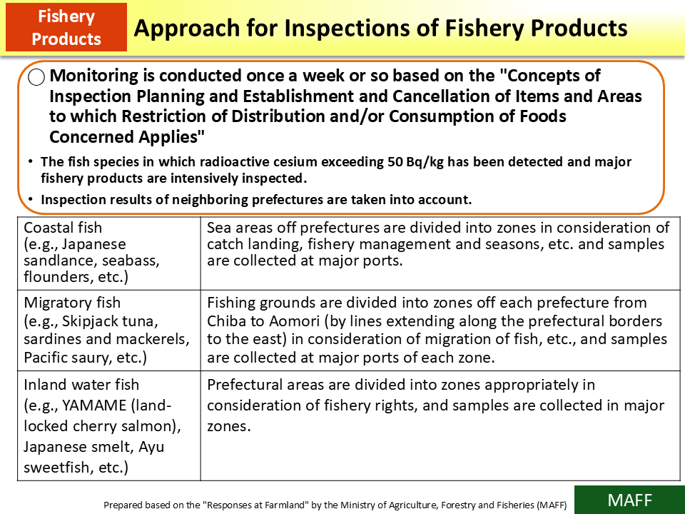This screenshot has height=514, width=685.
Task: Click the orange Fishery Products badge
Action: tap(66, 27)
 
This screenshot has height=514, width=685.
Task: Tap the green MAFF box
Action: tap(629, 500)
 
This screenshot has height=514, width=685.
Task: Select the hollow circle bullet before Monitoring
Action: tap(37, 78)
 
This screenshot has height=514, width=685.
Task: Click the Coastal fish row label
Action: tap(63, 228)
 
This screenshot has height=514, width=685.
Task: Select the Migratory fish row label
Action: tap(72, 303)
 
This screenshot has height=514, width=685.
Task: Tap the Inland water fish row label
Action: tap(81, 385)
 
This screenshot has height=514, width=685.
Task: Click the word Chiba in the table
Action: tap(226, 321)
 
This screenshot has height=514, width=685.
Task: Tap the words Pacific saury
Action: tap(66, 356)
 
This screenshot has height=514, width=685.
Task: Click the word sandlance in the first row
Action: tap(54, 261)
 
